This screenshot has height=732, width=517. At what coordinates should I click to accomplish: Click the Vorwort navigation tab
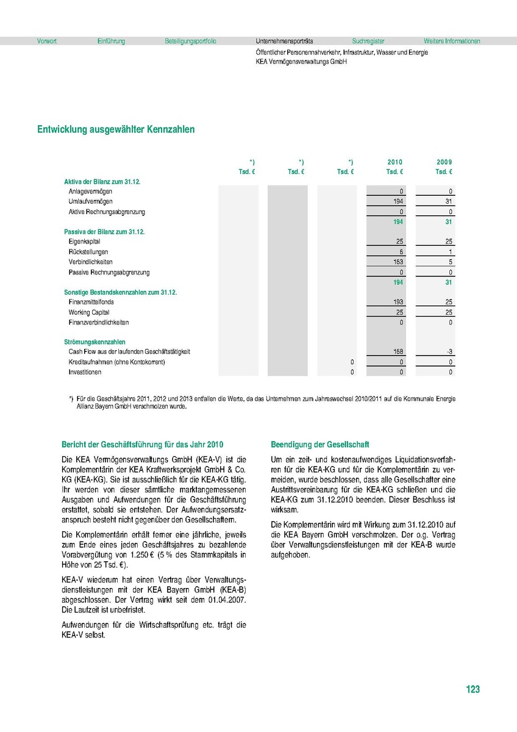(47, 41)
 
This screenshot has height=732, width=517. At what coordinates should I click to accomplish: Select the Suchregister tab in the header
(368, 41)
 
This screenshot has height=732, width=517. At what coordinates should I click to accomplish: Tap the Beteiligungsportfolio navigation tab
(190, 41)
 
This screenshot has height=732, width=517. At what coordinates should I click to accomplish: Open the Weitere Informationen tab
(452, 41)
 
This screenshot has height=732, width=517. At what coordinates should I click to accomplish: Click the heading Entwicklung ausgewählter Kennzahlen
(116, 130)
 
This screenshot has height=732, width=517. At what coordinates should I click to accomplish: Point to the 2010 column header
(394, 162)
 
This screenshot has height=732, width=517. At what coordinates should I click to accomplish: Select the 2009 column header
(444, 162)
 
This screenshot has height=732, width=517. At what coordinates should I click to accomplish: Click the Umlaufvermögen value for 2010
(398, 201)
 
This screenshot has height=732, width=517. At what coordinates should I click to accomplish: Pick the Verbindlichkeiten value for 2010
(398, 262)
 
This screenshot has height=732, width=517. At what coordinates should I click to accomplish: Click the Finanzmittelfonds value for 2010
(398, 302)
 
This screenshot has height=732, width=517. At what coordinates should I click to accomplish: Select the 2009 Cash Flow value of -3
(449, 352)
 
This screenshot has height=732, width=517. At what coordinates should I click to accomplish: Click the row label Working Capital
(89, 312)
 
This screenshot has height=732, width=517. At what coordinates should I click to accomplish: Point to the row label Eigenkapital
(84, 242)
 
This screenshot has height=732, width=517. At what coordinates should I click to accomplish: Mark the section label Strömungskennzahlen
(94, 342)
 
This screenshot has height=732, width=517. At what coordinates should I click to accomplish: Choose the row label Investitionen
(85, 372)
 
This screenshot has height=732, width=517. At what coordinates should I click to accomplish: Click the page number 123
(472, 689)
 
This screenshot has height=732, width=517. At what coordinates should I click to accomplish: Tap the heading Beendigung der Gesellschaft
(319, 445)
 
